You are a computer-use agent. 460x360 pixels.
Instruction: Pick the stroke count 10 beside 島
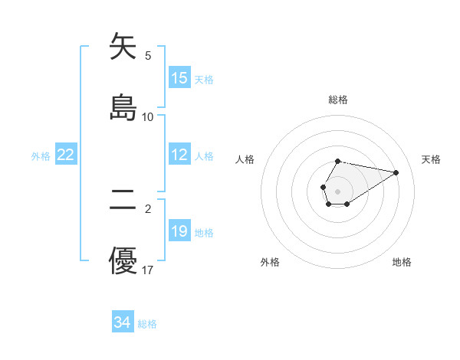tap(148, 116)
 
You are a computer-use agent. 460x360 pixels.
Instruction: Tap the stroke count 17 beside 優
tap(148, 270)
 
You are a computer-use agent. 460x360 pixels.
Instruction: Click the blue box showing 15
tap(179, 78)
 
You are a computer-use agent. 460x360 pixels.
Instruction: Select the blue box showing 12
tap(179, 155)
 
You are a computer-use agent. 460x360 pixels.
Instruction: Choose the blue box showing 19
tap(179, 231)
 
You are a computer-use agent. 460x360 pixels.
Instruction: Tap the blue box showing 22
tap(65, 155)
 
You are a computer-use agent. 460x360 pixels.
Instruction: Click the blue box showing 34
tap(122, 323)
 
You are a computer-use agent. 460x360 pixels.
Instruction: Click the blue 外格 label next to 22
tap(41, 155)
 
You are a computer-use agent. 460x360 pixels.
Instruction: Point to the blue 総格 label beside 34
tap(147, 324)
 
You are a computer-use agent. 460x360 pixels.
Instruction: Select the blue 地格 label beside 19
tap(204, 232)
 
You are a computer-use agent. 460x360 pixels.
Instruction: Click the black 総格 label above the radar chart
tap(338, 100)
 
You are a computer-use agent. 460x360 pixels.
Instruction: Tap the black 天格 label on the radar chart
tap(431, 159)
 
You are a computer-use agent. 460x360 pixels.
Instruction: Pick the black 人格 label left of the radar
tap(245, 159)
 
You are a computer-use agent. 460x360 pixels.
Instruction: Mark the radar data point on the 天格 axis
tap(396, 172)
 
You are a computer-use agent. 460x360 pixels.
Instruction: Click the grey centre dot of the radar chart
tap(337, 190)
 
